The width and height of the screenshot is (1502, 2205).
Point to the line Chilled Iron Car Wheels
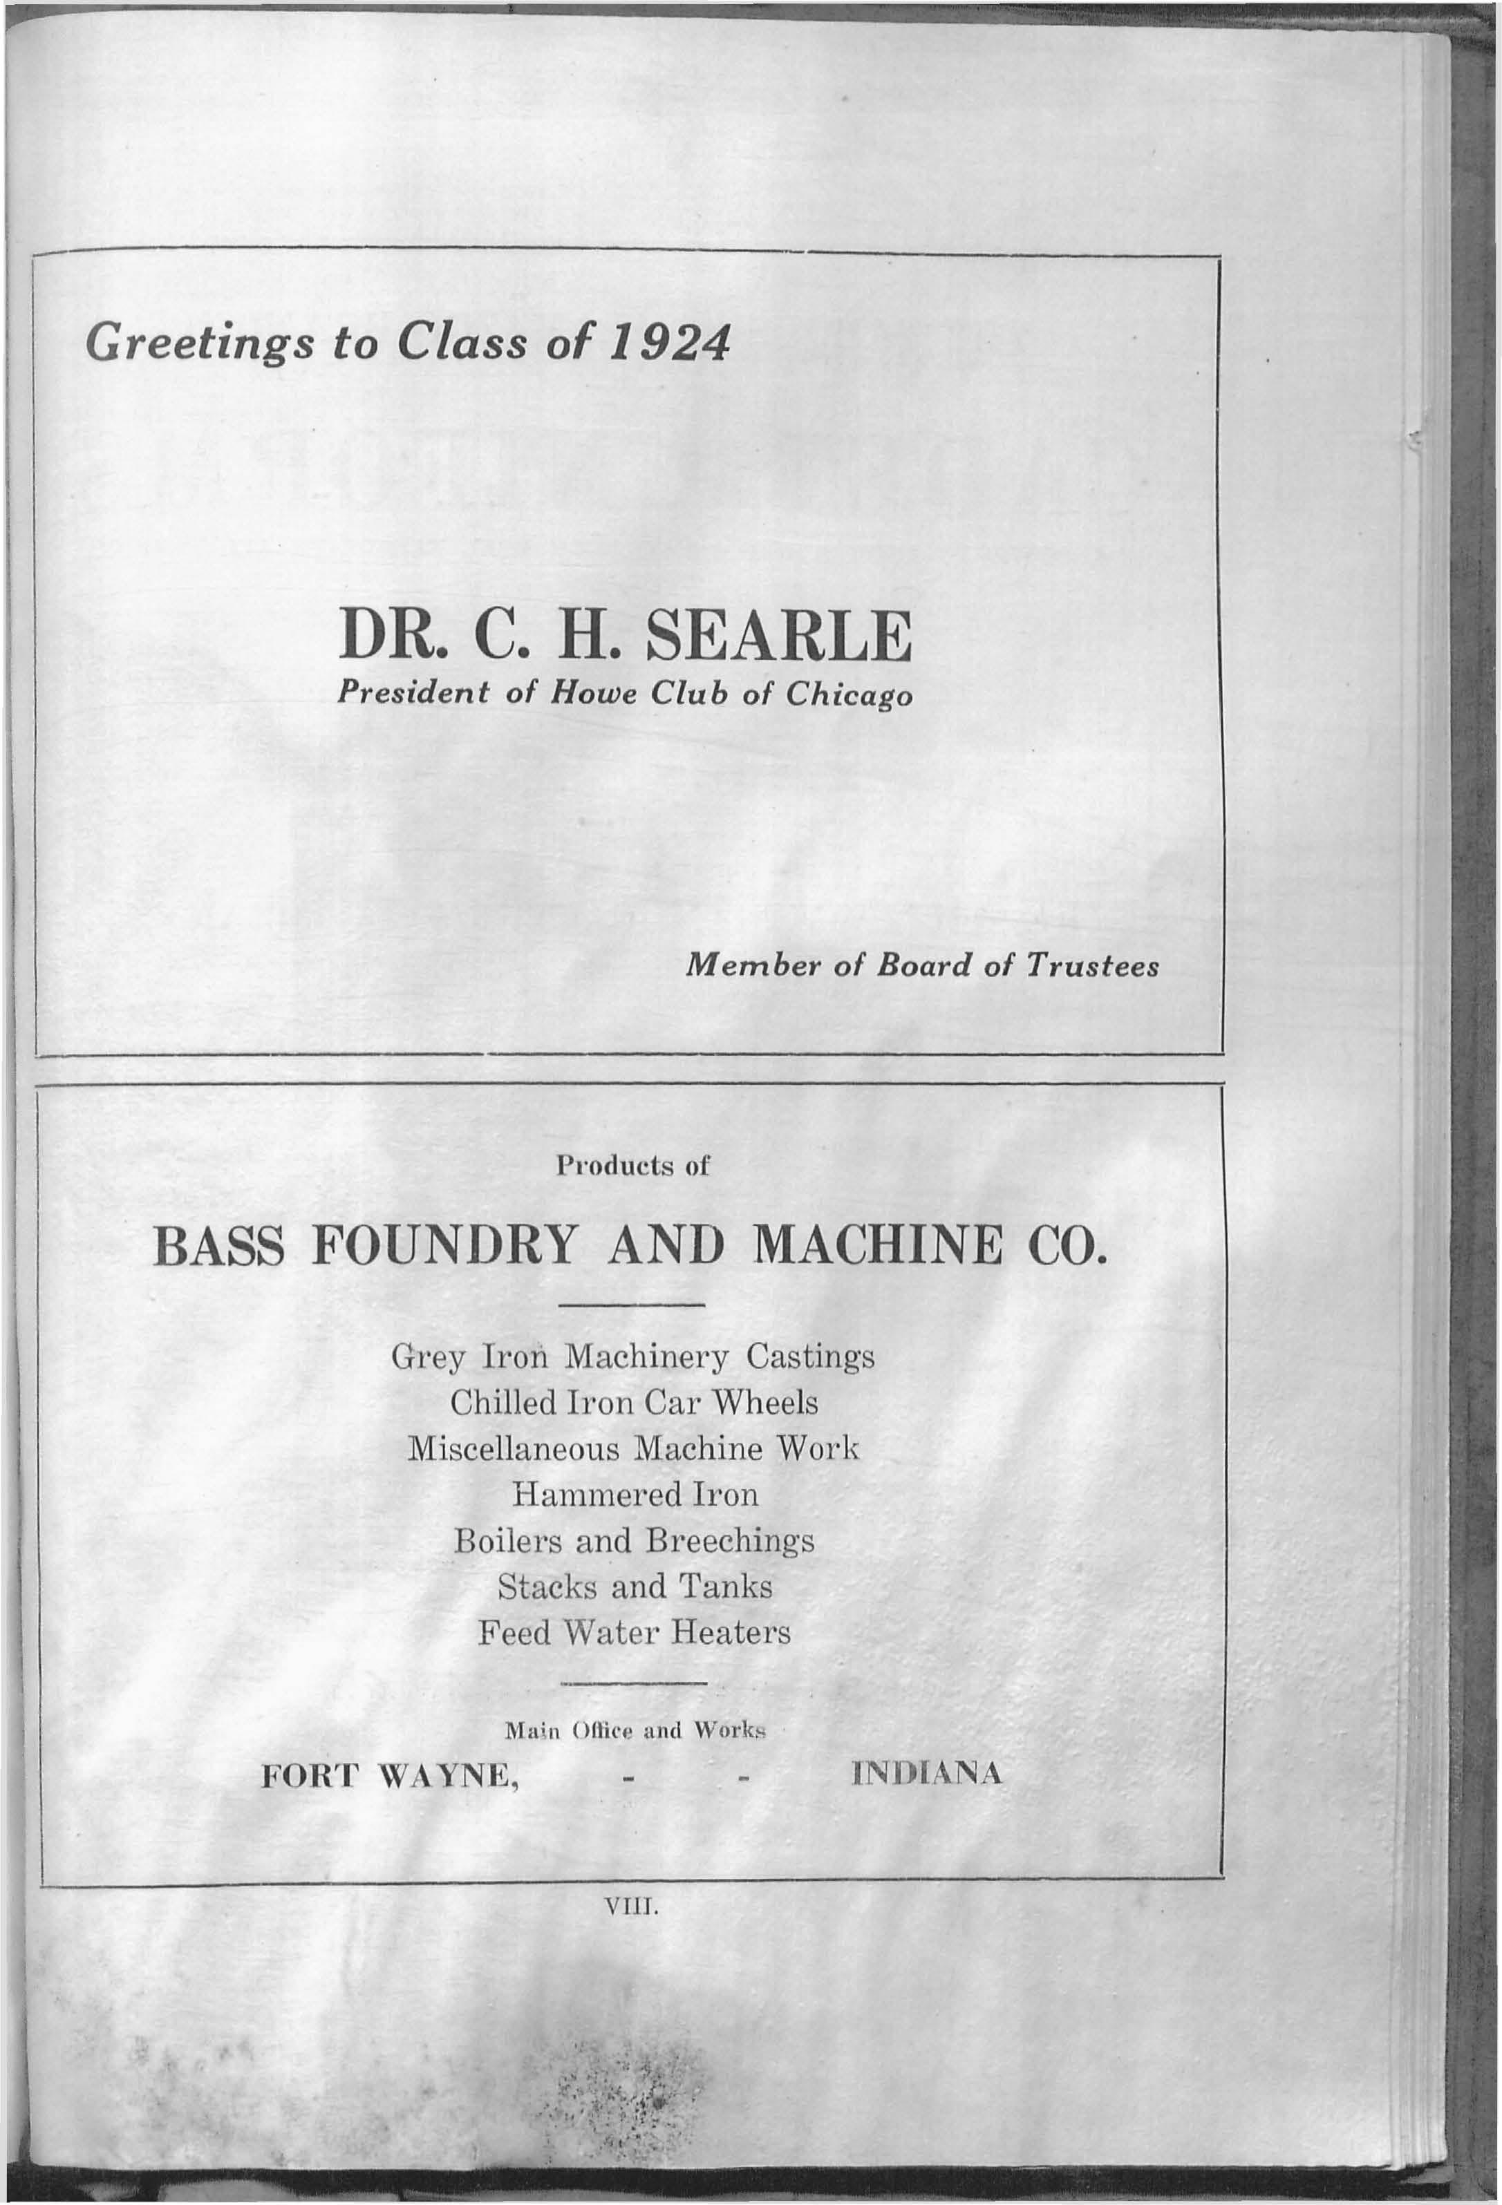tap(634, 1403)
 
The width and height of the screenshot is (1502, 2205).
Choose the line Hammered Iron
tap(635, 1495)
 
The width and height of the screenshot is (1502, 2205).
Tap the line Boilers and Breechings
tap(634, 1541)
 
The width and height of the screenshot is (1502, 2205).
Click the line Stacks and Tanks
tap(634, 1587)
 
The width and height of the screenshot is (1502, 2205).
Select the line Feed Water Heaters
tap(634, 1633)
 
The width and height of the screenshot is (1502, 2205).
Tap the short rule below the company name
tap(633, 1305)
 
